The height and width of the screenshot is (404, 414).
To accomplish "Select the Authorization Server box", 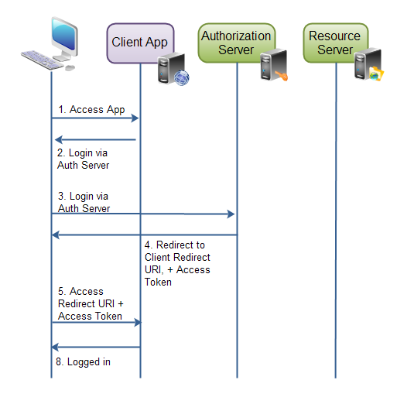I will click(x=236, y=43).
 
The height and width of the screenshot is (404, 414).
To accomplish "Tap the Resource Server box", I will click(x=334, y=43).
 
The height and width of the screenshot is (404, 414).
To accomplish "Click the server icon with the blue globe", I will click(x=172, y=68).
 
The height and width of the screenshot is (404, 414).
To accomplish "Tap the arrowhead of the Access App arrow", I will click(x=135, y=118).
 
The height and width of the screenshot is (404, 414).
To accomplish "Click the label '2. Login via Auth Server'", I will click(x=83, y=159).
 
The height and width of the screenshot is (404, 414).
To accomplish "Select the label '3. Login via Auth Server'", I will click(x=84, y=203).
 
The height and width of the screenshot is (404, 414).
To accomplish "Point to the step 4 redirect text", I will click(x=177, y=263).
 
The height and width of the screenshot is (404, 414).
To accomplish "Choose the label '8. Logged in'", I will click(x=84, y=362).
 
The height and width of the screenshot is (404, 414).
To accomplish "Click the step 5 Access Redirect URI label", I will click(x=90, y=303).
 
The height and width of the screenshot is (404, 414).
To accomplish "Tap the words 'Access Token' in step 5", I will click(x=90, y=316).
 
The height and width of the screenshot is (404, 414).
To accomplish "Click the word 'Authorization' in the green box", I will click(x=236, y=36).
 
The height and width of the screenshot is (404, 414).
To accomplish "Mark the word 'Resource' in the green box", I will click(x=334, y=36).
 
